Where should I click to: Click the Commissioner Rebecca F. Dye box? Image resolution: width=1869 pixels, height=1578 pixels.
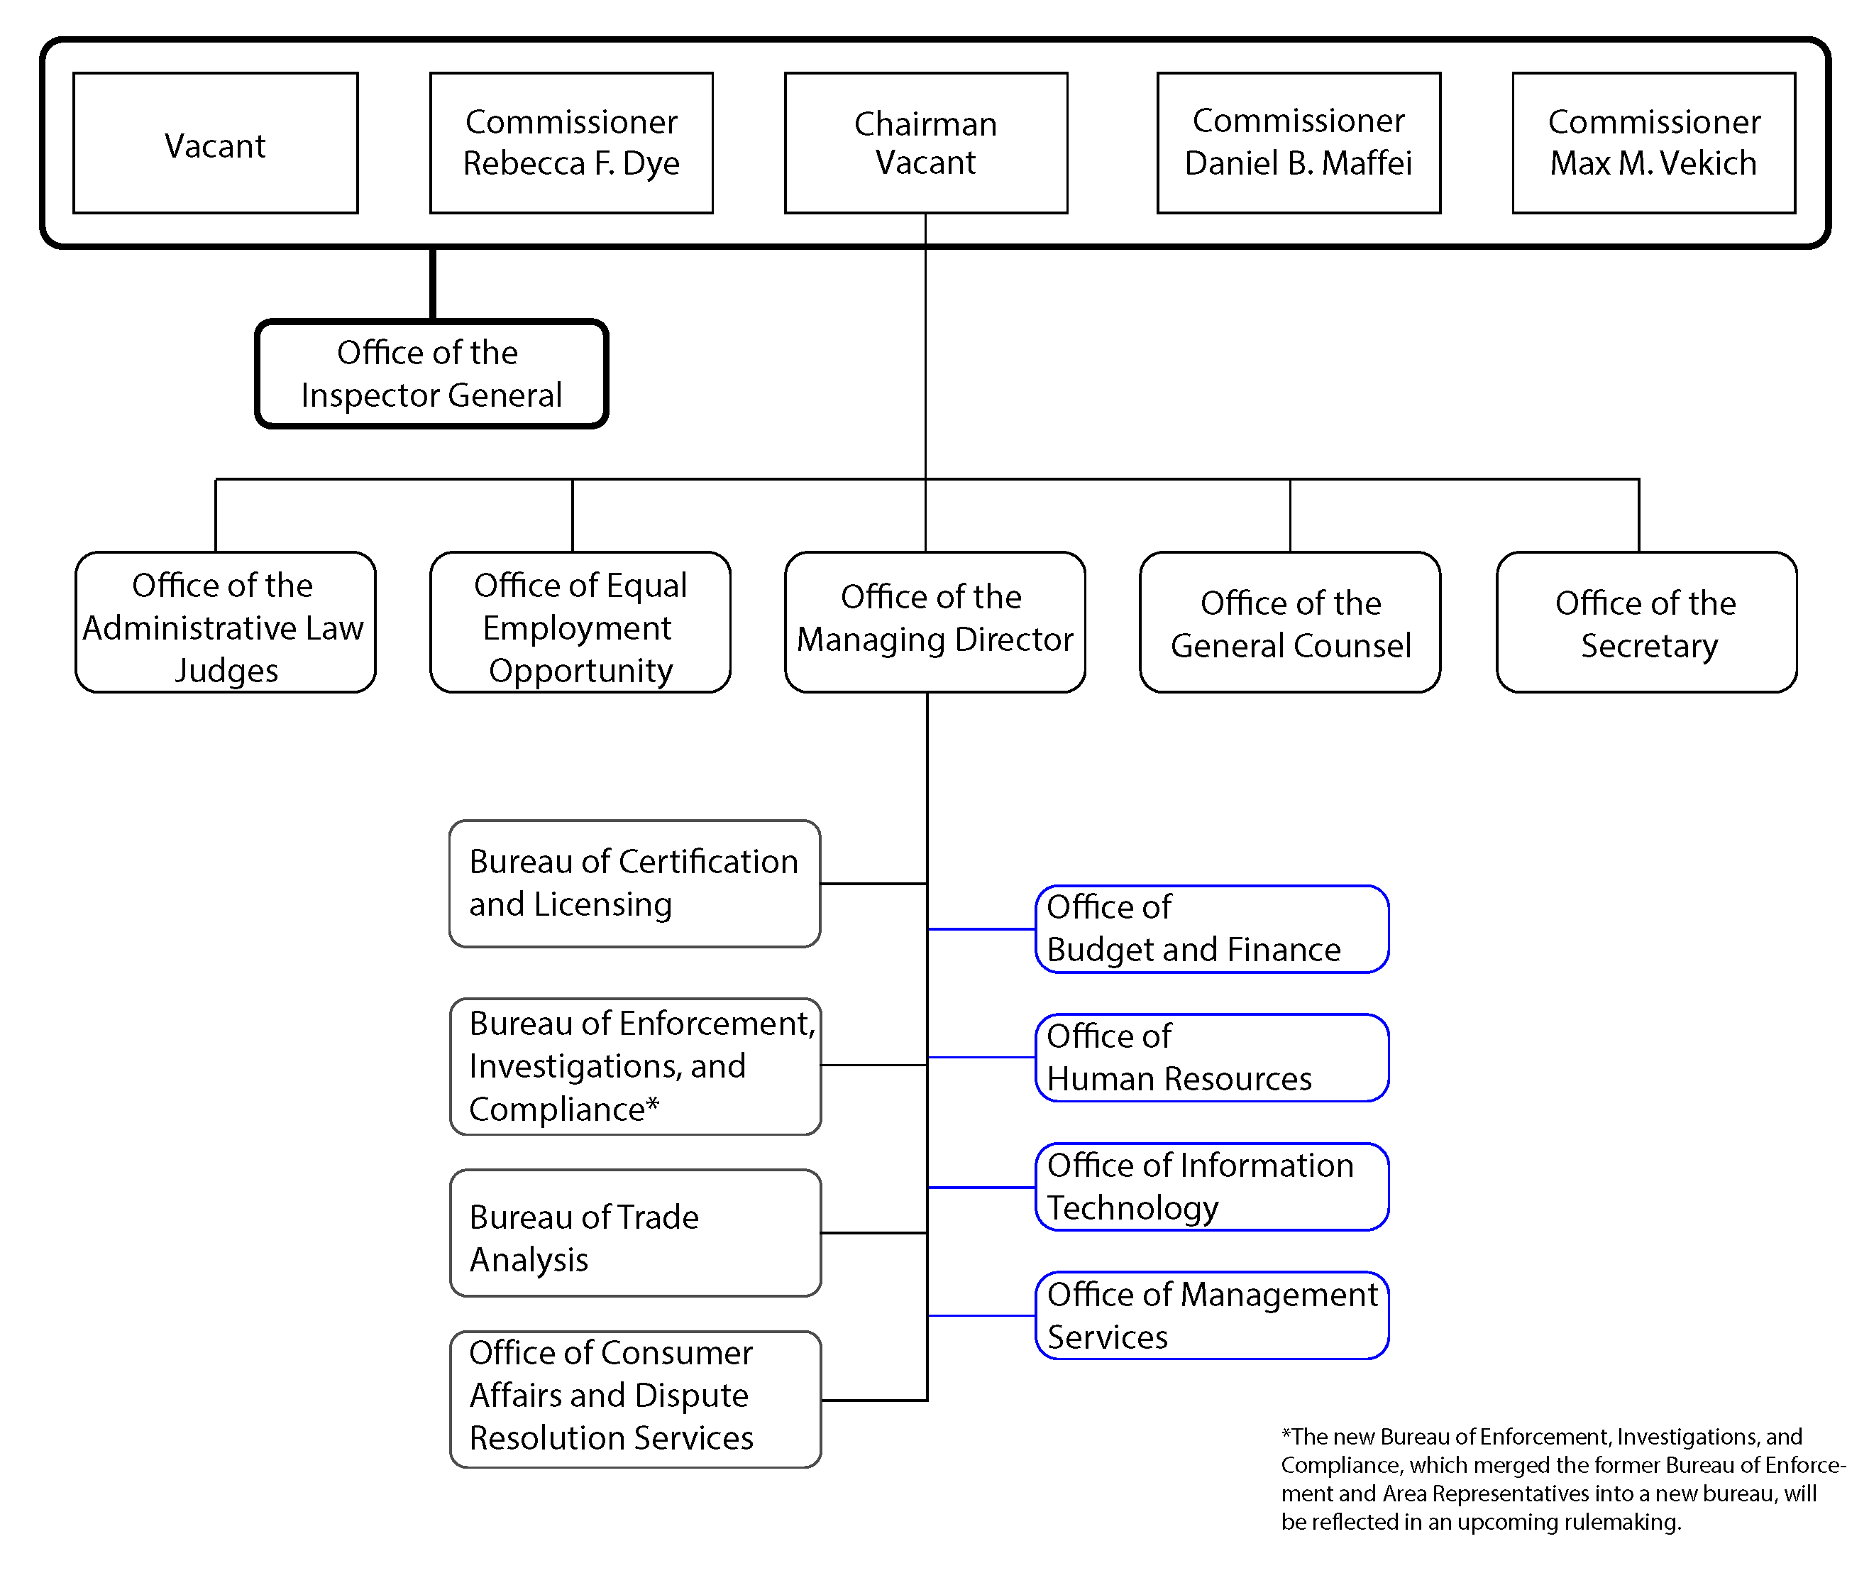[571, 143]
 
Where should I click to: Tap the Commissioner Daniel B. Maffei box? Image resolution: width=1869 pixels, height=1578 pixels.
[1299, 143]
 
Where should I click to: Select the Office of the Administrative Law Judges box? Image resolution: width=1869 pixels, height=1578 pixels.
[226, 623]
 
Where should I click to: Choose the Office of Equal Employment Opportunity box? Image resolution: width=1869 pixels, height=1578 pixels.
[580, 623]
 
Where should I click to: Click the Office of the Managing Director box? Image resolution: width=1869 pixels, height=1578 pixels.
[935, 623]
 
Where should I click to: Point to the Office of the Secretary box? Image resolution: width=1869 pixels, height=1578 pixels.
[1647, 623]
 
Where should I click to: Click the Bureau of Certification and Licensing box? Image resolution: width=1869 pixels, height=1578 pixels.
[635, 884]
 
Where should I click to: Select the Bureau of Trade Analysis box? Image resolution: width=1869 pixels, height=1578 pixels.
[635, 1233]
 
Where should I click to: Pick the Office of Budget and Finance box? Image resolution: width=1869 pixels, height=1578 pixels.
[1213, 929]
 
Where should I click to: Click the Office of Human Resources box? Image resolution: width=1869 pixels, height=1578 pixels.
[1213, 1058]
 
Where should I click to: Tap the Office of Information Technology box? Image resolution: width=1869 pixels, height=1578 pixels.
[1213, 1187]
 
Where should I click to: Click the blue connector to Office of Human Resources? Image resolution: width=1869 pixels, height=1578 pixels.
[982, 1058]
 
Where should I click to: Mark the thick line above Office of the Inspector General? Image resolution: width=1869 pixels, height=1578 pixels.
[433, 283]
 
